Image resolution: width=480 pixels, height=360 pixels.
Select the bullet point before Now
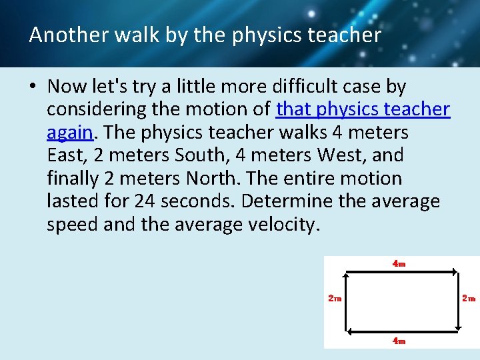(33, 87)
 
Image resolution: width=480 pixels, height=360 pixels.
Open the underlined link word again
(69, 133)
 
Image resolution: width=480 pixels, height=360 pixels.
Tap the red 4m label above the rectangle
(399, 263)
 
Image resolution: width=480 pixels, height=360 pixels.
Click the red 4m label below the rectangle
(399, 341)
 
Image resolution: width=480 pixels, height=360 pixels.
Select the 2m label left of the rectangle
(335, 299)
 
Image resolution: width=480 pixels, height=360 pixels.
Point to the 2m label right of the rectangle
(469, 299)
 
